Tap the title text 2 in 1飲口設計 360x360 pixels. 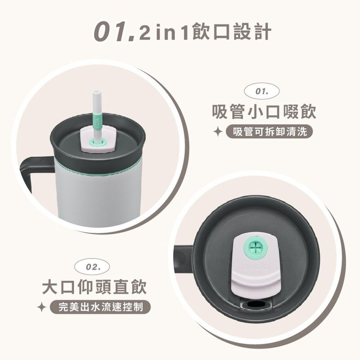[x=206, y=32]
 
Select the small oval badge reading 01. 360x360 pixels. [x=262, y=92]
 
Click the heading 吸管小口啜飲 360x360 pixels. [x=264, y=112]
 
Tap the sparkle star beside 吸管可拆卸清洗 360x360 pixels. [x=218, y=132]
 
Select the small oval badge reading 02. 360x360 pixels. [x=92, y=267]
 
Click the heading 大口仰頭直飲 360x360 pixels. [x=94, y=287]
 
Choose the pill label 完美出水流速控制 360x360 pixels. [x=100, y=307]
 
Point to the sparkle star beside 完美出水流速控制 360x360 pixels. [x=42, y=307]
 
